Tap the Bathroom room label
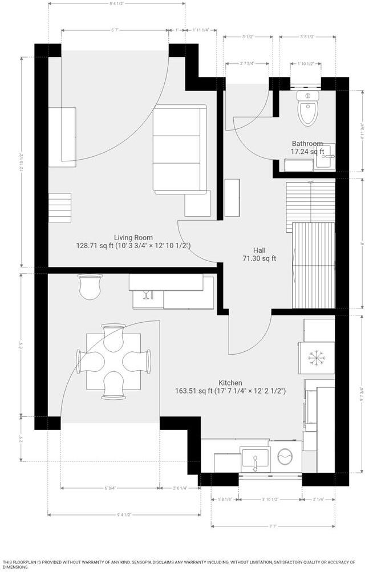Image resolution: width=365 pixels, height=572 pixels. [307, 144]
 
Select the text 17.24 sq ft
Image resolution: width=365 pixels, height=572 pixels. [307, 152]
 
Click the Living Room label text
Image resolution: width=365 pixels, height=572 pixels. [133, 238]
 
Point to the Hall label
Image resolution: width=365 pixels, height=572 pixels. [259, 250]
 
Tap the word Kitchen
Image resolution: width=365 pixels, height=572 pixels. [230, 383]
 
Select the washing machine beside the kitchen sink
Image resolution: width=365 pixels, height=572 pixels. [285, 457]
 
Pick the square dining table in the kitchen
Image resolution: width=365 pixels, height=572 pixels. [114, 360]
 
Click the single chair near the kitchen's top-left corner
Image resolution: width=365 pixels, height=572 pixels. [91, 286]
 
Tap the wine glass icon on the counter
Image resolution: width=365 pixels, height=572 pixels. [145, 294]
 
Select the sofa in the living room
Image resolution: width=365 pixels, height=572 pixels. [179, 148]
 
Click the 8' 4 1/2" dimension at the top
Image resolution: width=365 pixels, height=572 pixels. [116, 5]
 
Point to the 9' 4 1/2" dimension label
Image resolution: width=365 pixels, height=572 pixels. [124, 515]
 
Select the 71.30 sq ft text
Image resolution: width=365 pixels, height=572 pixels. [259, 258]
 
